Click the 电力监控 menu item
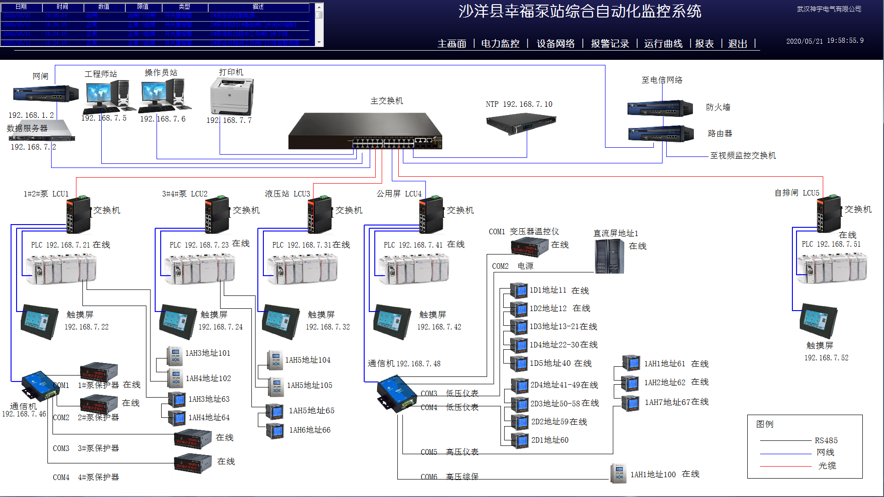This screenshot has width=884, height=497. pos(500,44)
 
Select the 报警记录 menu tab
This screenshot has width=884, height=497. pos(610,44)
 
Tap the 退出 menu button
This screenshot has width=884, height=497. pos(737,44)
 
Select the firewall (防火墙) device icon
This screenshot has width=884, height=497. pos(660,109)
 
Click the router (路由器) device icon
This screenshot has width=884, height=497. pos(661,134)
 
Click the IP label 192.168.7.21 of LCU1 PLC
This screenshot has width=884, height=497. pos(61,245)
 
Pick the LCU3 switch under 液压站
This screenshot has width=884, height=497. pos(320,214)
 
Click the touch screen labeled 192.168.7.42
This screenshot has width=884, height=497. pos(393,321)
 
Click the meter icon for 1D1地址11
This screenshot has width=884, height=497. pos(520,291)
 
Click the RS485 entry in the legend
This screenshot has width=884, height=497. pos(826,440)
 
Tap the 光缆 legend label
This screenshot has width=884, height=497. pos(826,466)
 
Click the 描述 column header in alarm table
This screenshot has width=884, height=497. pos(258,7)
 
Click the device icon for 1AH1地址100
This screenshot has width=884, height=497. pos(618,474)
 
